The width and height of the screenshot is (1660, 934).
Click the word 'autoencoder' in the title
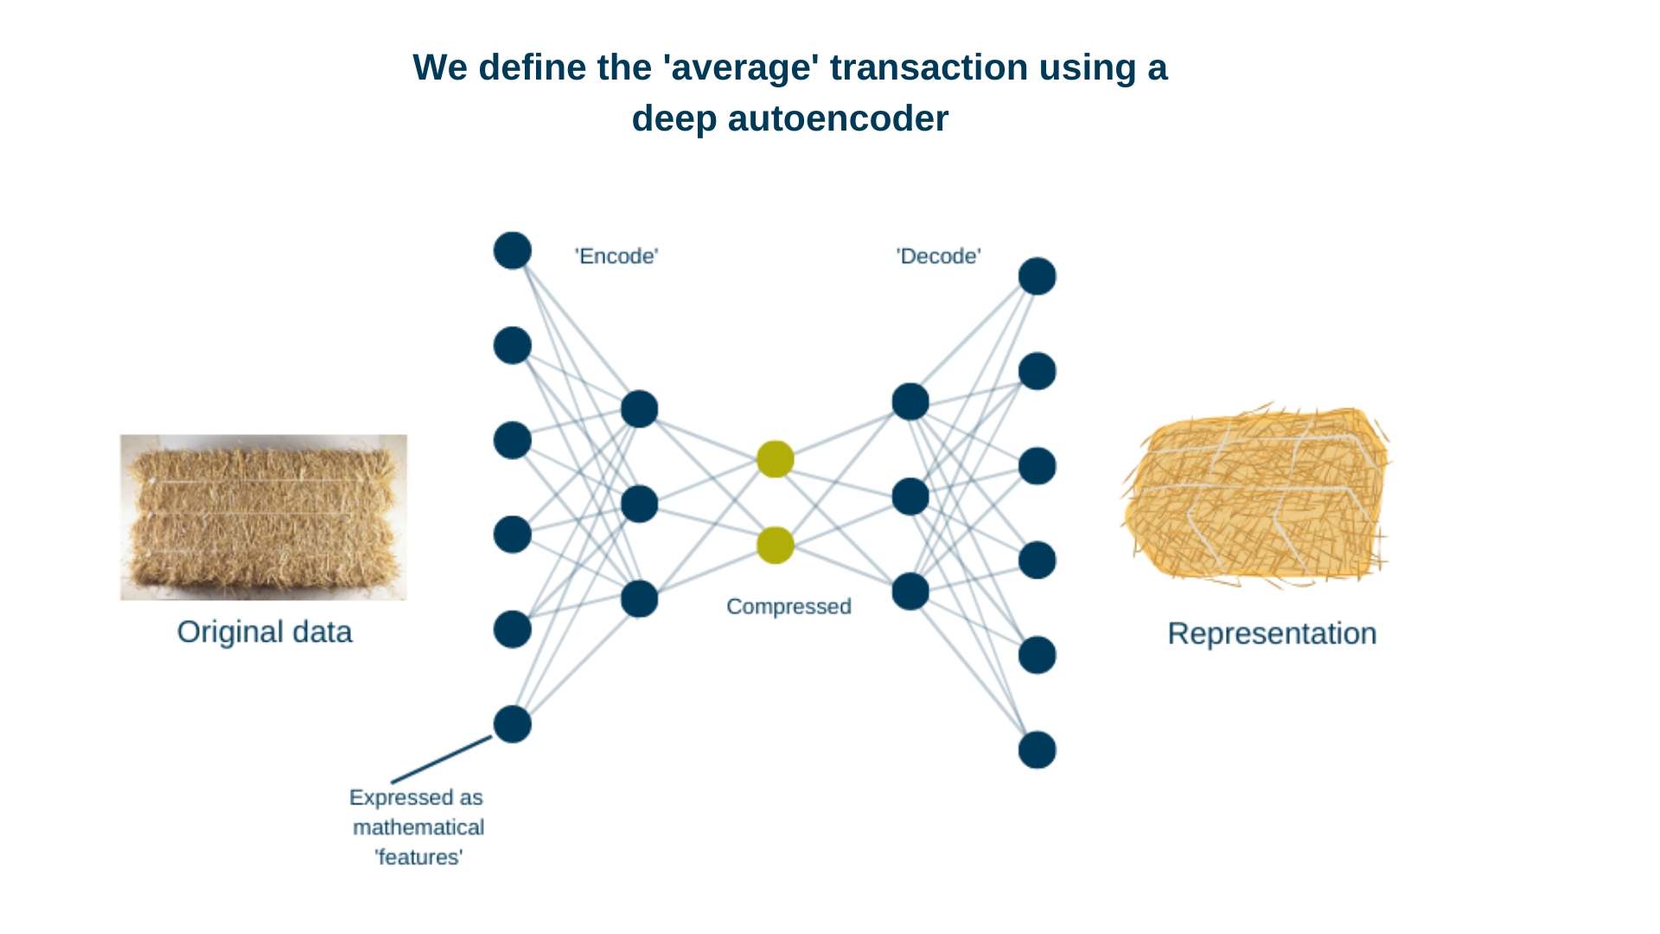(x=838, y=118)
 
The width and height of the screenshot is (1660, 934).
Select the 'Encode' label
(x=616, y=256)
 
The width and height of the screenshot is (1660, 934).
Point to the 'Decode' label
(x=938, y=256)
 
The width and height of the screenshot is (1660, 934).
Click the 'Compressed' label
(x=788, y=606)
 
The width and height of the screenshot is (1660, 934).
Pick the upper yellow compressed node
(x=776, y=459)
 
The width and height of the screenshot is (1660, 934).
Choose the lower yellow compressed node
(x=776, y=546)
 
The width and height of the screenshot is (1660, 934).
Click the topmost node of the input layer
(x=513, y=251)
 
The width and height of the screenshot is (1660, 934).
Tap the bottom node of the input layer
(x=513, y=725)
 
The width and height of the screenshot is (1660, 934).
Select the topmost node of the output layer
(x=1037, y=277)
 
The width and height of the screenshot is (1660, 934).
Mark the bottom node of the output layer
(x=1037, y=750)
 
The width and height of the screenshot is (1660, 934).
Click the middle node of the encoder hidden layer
(x=640, y=504)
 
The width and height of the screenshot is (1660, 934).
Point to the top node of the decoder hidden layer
(x=910, y=402)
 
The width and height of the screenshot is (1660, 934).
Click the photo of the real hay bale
(x=264, y=517)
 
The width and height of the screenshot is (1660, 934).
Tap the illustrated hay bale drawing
(x=1256, y=495)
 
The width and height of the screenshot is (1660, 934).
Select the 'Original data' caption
(x=265, y=632)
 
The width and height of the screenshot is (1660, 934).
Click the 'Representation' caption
(x=1272, y=634)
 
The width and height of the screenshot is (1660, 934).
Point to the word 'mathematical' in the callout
(x=418, y=828)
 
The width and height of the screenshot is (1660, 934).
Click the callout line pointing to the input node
(x=442, y=759)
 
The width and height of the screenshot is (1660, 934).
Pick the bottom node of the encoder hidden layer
(x=640, y=599)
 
